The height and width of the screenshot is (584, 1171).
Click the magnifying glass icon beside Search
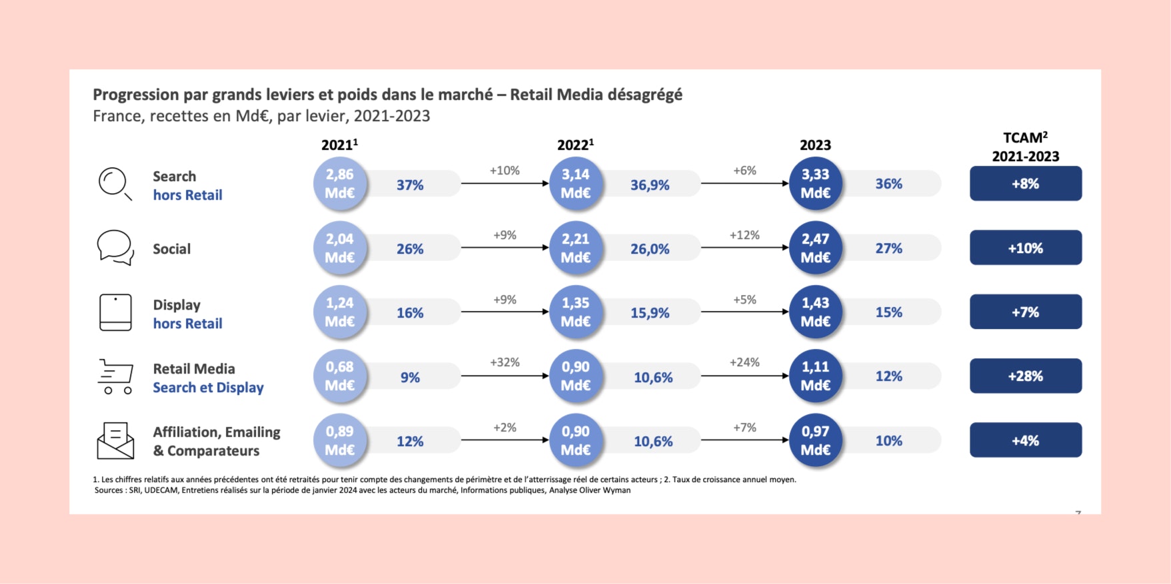point(115,183)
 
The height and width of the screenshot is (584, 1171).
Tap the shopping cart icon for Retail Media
point(116,376)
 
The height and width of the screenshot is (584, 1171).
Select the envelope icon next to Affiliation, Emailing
point(115,440)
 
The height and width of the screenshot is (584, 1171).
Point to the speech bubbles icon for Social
point(115,248)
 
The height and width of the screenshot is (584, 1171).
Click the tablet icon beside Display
point(115,312)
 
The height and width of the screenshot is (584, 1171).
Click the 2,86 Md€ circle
point(340,184)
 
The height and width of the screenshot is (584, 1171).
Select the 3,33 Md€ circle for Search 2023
point(815,184)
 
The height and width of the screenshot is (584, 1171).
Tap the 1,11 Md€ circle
point(815,376)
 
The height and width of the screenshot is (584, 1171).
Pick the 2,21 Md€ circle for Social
point(576,248)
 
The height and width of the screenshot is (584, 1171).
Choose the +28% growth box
point(1025,376)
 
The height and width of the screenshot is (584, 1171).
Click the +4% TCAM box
point(1025,440)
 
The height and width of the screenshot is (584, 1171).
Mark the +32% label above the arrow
point(505,362)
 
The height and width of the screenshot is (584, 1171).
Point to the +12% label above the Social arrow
point(744,235)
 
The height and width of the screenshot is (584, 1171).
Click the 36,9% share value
point(650,185)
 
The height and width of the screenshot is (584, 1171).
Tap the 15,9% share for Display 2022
point(650,313)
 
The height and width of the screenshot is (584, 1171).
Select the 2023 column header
point(815,145)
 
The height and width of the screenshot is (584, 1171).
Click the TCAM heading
point(1025,139)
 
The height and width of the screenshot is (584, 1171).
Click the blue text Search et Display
point(208,388)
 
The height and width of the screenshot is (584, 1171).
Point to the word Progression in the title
point(136,95)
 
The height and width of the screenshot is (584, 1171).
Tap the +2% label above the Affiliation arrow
point(505,428)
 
